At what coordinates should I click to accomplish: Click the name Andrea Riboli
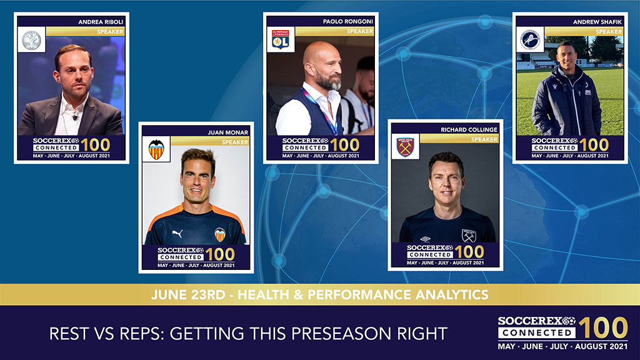101,22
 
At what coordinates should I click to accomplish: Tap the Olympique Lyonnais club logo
281,39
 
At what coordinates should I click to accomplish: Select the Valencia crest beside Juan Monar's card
156,149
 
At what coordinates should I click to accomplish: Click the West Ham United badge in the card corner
405,147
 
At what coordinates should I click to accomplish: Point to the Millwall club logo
530,39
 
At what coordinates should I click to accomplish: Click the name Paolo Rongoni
347,21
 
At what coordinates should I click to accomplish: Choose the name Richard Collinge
469,129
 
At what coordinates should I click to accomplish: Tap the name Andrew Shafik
597,22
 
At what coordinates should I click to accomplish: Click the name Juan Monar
227,132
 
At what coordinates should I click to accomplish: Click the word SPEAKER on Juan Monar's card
235,142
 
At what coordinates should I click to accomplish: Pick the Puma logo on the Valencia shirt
177,234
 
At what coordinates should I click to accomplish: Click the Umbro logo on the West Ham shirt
425,239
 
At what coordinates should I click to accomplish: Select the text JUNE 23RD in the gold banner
187,295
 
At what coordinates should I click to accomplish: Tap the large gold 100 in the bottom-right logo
603,327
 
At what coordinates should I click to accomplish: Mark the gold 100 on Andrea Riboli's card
95,145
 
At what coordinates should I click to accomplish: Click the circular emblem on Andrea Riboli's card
31,40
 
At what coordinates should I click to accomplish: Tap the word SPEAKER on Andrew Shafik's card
609,31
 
